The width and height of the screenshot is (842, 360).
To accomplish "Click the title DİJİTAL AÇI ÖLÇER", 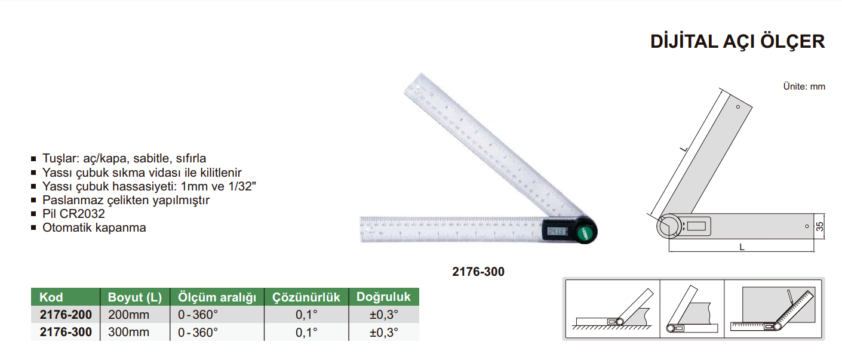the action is (737, 41).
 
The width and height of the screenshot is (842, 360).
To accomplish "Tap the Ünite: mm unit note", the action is (804, 87).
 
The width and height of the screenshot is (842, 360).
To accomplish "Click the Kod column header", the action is (51, 297).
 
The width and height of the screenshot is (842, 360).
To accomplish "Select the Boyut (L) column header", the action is (135, 297).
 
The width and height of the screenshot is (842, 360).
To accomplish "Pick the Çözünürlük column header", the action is (306, 297).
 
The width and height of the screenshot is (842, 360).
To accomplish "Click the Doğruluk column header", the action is (383, 297).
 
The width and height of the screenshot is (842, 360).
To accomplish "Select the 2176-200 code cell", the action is (66, 315).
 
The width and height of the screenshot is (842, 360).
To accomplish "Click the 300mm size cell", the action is (128, 332).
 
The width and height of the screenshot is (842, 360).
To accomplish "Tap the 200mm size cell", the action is (128, 315).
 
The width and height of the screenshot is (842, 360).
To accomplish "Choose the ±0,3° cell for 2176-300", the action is (384, 332).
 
